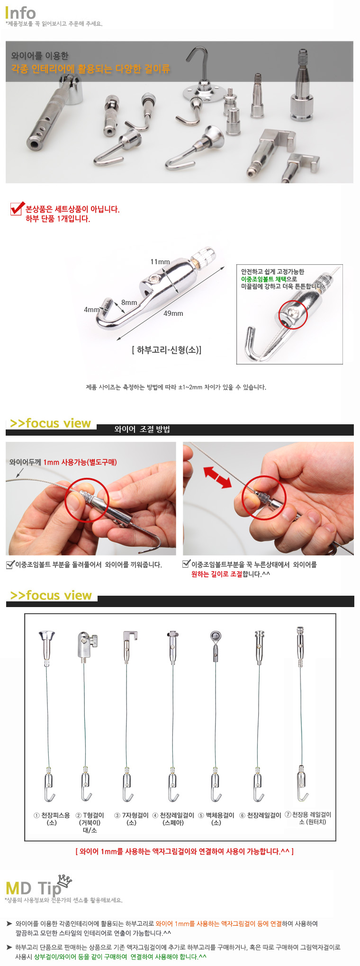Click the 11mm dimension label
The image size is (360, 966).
click(x=160, y=262)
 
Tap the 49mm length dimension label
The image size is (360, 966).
click(x=173, y=313)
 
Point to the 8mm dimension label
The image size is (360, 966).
click(x=129, y=303)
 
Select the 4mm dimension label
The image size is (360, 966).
click(x=92, y=310)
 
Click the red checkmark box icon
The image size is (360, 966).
click(x=17, y=208)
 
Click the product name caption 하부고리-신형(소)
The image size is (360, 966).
click(x=167, y=350)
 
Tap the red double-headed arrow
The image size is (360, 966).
click(x=217, y=477)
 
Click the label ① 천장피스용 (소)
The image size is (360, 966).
click(x=52, y=819)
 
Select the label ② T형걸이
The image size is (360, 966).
click(x=90, y=815)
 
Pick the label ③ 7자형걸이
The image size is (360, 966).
click(x=131, y=815)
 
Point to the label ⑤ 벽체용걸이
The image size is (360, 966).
click(x=216, y=815)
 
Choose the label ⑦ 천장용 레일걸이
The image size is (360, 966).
click(x=308, y=814)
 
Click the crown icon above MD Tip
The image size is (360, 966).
click(x=64, y=880)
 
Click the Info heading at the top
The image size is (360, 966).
click(x=20, y=13)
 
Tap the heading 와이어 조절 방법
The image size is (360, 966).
click(x=142, y=429)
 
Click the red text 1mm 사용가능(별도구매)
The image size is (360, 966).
click(x=80, y=462)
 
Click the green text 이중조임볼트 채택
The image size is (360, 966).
click(x=264, y=279)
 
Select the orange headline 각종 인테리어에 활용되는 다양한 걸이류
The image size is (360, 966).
click(x=90, y=69)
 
